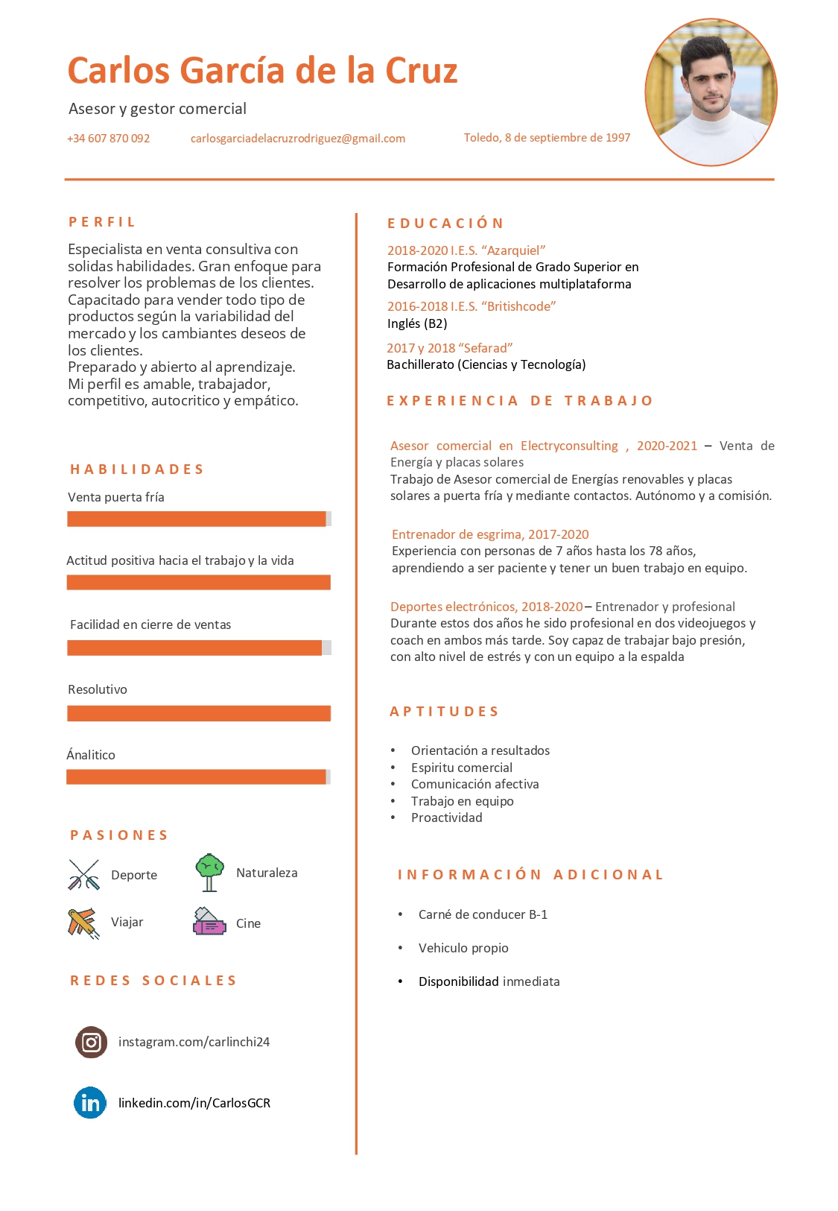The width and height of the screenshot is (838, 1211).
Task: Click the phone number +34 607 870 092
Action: tap(109, 139)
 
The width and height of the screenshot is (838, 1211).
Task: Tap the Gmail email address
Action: tap(297, 139)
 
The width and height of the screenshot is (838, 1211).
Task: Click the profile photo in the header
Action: tap(711, 92)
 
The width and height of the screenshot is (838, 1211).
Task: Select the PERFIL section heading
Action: tap(102, 222)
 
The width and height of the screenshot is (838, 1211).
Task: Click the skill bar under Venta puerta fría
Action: tap(198, 519)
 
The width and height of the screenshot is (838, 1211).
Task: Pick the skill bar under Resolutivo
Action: tap(198, 713)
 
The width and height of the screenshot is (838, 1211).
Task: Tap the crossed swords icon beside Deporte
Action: tap(84, 875)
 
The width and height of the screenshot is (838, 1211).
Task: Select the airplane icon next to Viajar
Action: tap(83, 923)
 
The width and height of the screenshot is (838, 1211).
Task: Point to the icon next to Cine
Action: tap(209, 922)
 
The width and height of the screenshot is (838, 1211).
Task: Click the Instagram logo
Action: tap(91, 1042)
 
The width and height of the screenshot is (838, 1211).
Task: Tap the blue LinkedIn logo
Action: tap(90, 1103)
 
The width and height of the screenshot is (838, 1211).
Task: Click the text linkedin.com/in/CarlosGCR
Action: tap(194, 1103)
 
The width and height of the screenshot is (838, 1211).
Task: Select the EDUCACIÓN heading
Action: tap(445, 224)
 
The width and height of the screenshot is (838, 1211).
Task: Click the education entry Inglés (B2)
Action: tap(417, 323)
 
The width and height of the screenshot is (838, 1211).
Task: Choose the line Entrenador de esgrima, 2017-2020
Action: tap(490, 534)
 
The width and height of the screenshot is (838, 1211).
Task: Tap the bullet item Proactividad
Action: tap(446, 818)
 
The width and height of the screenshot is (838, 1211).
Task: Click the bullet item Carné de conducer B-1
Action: tap(483, 914)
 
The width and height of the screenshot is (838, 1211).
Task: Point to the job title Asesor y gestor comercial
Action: tap(157, 109)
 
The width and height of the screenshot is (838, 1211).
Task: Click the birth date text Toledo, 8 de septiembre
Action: tap(547, 138)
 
